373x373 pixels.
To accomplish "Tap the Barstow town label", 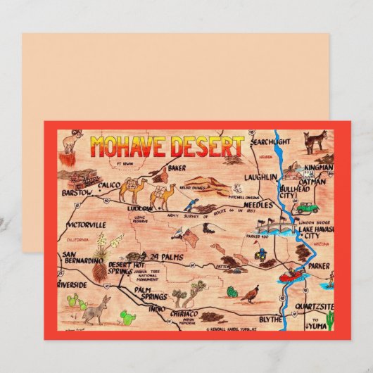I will point(77,191).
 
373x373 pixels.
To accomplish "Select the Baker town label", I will point(176,168).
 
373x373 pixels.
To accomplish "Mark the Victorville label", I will point(85,225).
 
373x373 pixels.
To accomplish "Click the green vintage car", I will point(307,208).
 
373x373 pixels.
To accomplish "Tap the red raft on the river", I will point(289,275).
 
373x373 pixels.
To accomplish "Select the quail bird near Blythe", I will point(249,292).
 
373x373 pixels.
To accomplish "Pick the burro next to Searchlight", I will point(314,143).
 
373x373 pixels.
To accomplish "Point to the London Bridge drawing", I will point(281,227).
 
